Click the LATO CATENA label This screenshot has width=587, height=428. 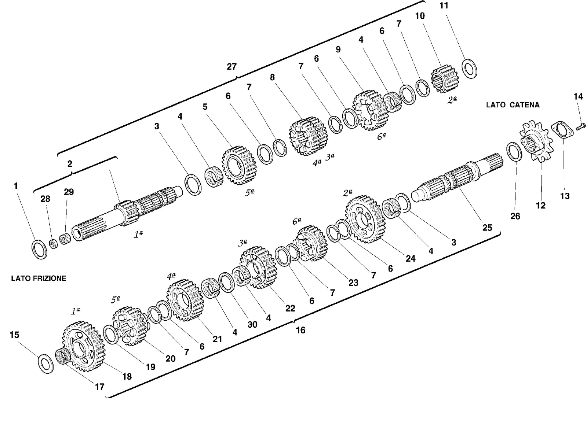(x=513, y=105)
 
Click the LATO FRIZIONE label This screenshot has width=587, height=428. (x=39, y=278)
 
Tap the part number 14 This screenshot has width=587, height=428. (x=578, y=97)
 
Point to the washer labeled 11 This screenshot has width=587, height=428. (x=469, y=69)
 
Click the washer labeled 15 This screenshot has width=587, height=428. (x=46, y=364)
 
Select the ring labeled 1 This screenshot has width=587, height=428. (x=39, y=250)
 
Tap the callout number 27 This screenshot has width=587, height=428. (x=231, y=66)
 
